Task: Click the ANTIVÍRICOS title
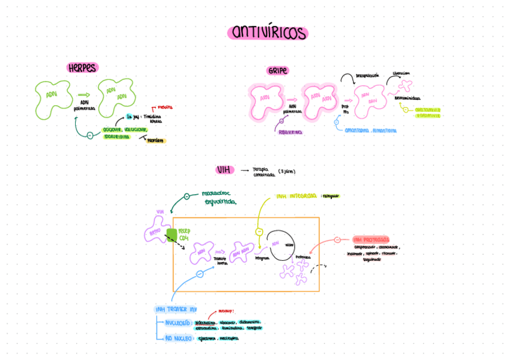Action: (268, 33)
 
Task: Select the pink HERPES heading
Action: (82, 68)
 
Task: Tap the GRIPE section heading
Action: (278, 71)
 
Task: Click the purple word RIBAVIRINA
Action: (290, 132)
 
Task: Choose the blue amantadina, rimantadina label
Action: (370, 130)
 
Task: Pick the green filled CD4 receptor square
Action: (171, 234)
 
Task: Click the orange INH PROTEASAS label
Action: (371, 239)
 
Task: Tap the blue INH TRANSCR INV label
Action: (176, 309)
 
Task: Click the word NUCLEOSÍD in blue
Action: (179, 323)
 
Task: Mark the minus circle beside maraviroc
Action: (186, 196)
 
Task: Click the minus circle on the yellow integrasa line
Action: (259, 231)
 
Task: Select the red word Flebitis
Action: (165, 107)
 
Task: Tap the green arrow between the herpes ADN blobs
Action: (84, 94)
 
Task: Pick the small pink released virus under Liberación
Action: (407, 85)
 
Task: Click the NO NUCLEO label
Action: (179, 338)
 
